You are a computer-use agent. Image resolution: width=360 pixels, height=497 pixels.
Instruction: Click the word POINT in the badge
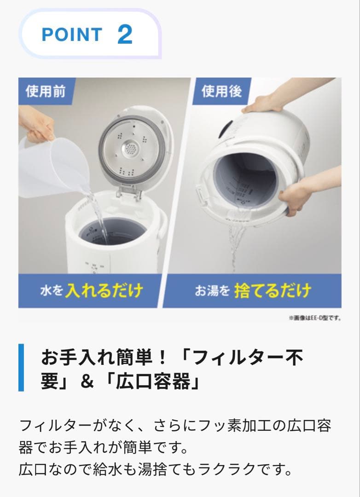[x=72, y=35]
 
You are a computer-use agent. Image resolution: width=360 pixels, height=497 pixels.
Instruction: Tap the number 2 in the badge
[x=125, y=35]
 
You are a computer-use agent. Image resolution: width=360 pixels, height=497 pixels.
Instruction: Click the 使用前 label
[x=45, y=91]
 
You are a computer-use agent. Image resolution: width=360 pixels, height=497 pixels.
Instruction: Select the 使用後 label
[x=222, y=91]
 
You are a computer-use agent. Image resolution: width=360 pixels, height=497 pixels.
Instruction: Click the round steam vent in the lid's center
[x=131, y=148]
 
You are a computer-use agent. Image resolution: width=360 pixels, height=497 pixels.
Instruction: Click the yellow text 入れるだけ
[x=104, y=291]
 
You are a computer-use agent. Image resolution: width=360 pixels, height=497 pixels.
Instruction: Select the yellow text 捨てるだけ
[x=272, y=291]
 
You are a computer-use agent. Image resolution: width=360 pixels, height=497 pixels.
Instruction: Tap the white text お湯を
[x=211, y=291]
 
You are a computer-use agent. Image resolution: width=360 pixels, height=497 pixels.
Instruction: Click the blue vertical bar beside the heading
[x=21, y=367]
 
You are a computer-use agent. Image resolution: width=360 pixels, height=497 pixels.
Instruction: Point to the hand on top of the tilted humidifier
[x=263, y=102]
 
